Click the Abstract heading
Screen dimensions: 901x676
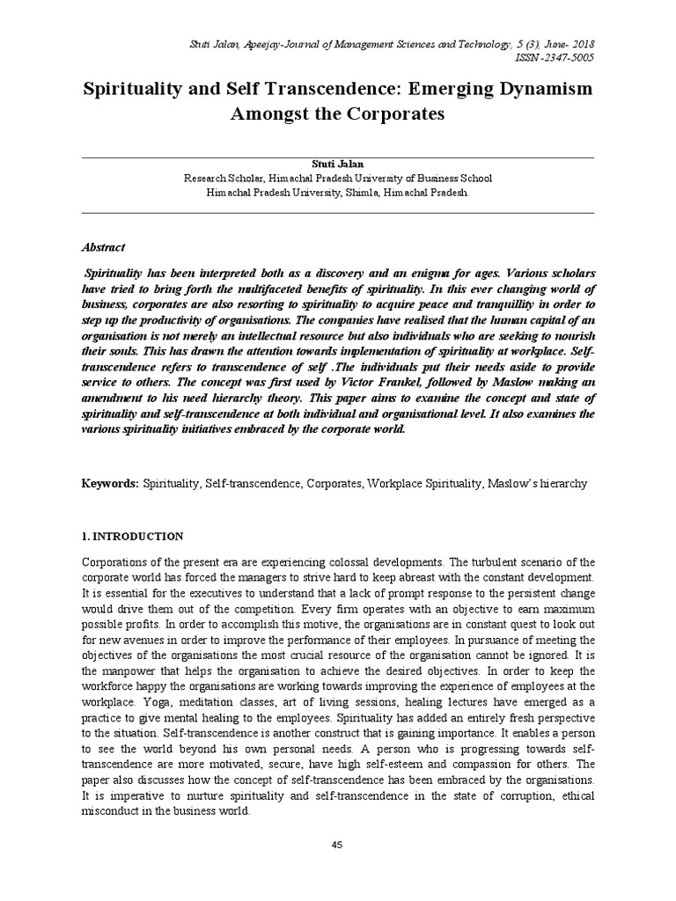[104, 248]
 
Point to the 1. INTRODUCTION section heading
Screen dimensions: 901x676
[132, 536]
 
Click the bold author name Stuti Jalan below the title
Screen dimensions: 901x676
[337, 165]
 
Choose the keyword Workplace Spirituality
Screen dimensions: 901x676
[426, 484]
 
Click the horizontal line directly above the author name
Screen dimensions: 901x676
[337, 157]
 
